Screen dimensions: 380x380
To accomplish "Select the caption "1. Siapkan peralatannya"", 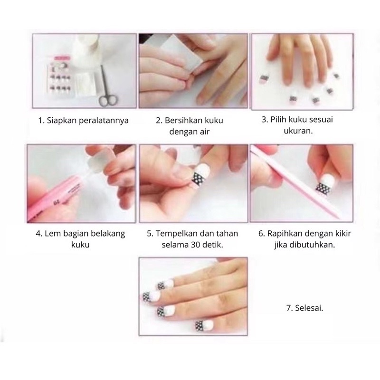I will [83, 120].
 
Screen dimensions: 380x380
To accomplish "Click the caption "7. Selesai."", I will [304, 308].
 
